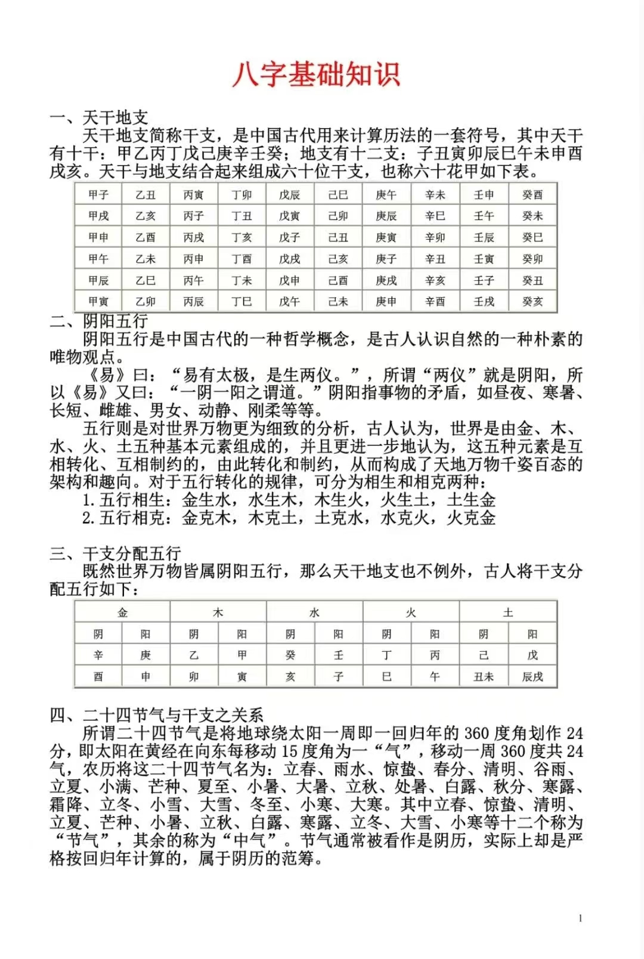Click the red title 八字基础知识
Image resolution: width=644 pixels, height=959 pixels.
pyautogui.click(x=316, y=75)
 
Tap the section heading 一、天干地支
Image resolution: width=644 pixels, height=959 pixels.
pyautogui.click(x=99, y=117)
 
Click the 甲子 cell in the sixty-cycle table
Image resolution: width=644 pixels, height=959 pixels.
pyautogui.click(x=98, y=195)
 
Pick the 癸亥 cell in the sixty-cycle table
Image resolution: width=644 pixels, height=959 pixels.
pyautogui.click(x=532, y=302)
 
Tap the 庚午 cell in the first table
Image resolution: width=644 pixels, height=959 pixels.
pyautogui.click(x=386, y=195)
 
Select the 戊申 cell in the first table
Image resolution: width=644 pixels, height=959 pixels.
pyautogui.click(x=290, y=280)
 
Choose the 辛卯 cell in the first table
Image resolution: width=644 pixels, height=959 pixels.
pyautogui.click(x=435, y=237)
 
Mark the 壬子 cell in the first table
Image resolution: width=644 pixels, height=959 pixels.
pyautogui.click(x=484, y=280)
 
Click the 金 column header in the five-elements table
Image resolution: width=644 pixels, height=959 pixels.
pyautogui.click(x=122, y=612)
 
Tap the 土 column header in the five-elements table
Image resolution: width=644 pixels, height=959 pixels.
pyautogui.click(x=508, y=612)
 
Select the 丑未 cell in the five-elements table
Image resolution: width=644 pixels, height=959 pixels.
pyautogui.click(x=484, y=677)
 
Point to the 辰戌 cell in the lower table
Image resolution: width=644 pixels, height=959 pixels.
pyautogui.click(x=532, y=677)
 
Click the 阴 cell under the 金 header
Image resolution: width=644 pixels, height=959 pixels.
pyautogui.click(x=98, y=634)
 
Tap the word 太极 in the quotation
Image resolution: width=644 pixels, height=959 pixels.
pyautogui.click(x=232, y=375)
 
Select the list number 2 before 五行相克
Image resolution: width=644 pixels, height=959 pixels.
pyautogui.click(x=87, y=518)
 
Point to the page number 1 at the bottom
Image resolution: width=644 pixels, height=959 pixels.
pyautogui.click(x=580, y=918)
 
